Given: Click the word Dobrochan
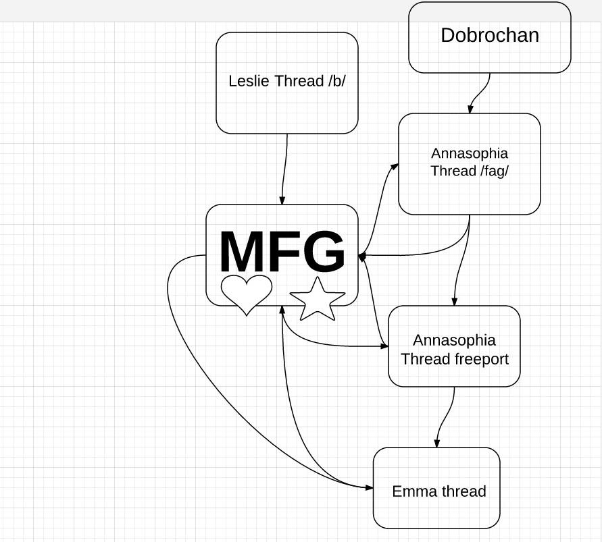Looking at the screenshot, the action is pyautogui.click(x=490, y=35).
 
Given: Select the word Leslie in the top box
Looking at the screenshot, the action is pyautogui.click(x=249, y=81).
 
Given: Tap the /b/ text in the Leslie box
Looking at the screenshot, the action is pyautogui.click(x=337, y=81).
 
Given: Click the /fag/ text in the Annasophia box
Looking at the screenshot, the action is pyautogui.click(x=494, y=171).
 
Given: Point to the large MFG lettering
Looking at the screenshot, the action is pyautogui.click(x=282, y=252).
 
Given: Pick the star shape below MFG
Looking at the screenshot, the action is pyautogui.click(x=318, y=299).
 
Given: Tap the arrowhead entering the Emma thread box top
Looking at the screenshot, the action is pyautogui.click(x=437, y=443).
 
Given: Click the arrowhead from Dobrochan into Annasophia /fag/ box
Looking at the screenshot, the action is pyautogui.click(x=470, y=109).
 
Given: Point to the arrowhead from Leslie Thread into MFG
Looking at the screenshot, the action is pyautogui.click(x=282, y=200).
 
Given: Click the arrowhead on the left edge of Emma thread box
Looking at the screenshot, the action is pyautogui.click(x=369, y=487).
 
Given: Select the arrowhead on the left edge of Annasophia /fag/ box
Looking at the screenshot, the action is pyautogui.click(x=395, y=167).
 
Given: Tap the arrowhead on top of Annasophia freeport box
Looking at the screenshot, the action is pyautogui.click(x=455, y=302).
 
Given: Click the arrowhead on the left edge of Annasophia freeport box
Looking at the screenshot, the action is pyautogui.click(x=384, y=346).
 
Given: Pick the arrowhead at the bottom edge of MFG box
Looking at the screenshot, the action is pyautogui.click(x=282, y=310).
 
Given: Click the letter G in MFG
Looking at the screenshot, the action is pyautogui.click(x=325, y=252).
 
